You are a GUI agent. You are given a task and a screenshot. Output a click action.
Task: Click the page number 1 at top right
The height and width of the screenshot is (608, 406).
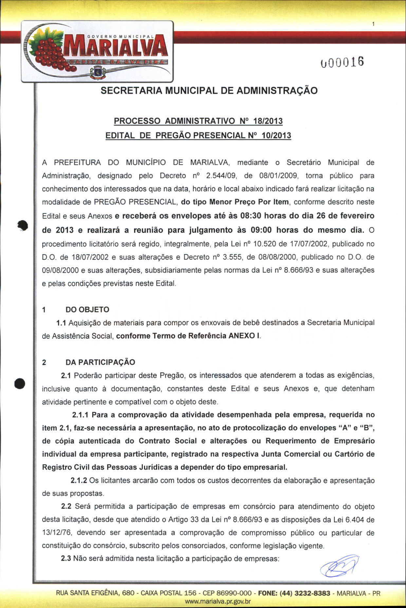point(373,24)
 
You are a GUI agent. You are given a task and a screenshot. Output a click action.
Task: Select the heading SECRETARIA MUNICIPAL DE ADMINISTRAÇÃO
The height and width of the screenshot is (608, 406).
point(209,91)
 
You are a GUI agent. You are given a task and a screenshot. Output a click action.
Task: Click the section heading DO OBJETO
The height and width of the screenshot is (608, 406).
point(87,310)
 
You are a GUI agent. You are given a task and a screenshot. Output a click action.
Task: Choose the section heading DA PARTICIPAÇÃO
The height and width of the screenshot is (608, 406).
point(100,362)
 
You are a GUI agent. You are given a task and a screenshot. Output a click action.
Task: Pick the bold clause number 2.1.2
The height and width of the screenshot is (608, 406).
point(79,480)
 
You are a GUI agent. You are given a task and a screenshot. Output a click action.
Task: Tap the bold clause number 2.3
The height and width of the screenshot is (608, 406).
point(66,558)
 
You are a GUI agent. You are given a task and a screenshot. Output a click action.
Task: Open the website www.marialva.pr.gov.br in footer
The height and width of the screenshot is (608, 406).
point(218,601)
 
